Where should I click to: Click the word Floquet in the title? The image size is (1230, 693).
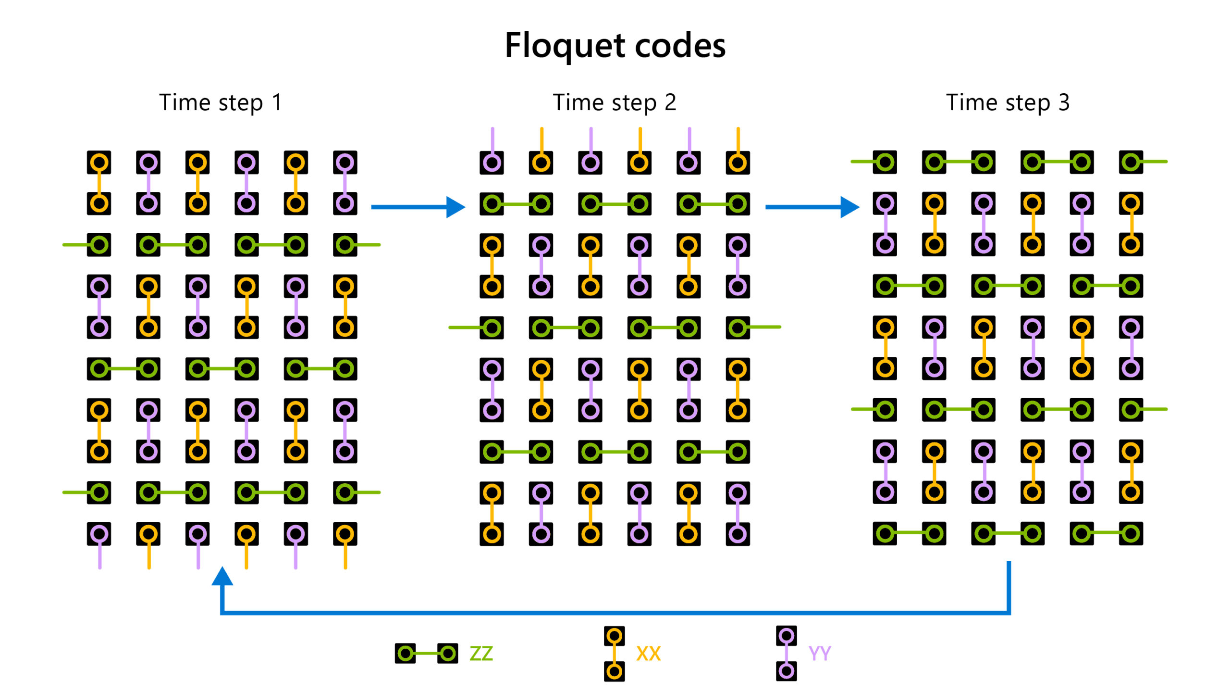(565, 46)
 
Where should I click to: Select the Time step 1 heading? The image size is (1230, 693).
(221, 102)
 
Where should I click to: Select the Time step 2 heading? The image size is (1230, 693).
(615, 102)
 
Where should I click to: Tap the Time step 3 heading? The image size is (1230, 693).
(1008, 102)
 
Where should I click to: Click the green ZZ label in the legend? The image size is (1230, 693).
(481, 654)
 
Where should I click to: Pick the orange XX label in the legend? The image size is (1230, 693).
(648, 654)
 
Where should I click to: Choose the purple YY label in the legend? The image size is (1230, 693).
(819, 654)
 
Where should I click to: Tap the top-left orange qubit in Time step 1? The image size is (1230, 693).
(99, 163)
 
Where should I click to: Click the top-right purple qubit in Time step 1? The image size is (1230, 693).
(345, 163)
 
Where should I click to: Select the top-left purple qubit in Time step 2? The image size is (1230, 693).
(492, 163)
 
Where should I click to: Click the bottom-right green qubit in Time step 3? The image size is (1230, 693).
(1131, 533)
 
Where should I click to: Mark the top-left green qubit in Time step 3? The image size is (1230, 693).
(885, 162)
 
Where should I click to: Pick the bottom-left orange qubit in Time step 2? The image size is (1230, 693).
(492, 534)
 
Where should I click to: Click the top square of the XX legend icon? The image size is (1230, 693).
(614, 636)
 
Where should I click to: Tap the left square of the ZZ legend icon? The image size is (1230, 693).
(406, 654)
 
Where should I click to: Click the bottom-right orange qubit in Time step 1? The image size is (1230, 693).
(345, 534)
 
